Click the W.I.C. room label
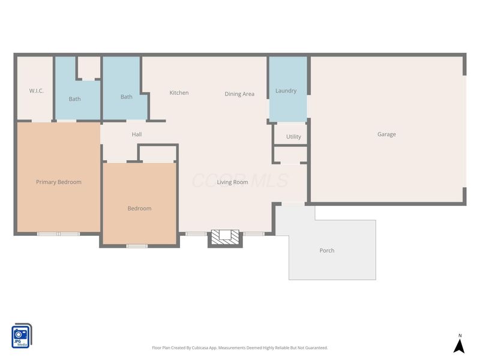pyautogui.click(x=37, y=91)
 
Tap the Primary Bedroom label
pyautogui.click(x=59, y=182)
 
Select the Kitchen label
pyautogui.click(x=179, y=92)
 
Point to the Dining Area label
pyautogui.click(x=239, y=94)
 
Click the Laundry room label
pyautogui.click(x=286, y=91)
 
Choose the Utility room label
pyautogui.click(x=293, y=137)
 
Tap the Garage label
pyautogui.click(x=386, y=134)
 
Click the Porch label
pyautogui.click(x=327, y=250)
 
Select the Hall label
pyautogui.click(x=137, y=134)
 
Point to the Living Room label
pyautogui.click(x=233, y=182)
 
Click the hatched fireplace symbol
pyautogui.click(x=225, y=237)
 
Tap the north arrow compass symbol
pyautogui.click(x=459, y=344)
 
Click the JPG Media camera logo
pyautogui.click(x=22, y=336)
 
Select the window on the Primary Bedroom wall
pyautogui.click(x=58, y=234)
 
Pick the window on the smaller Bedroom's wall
pyautogui.click(x=137, y=246)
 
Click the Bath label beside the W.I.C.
pyautogui.click(x=74, y=99)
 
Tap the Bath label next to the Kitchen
pyautogui.click(x=127, y=97)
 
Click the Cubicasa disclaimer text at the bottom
pyautogui.click(x=239, y=348)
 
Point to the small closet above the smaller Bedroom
pyautogui.click(x=158, y=154)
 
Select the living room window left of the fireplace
pyautogui.click(x=196, y=234)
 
